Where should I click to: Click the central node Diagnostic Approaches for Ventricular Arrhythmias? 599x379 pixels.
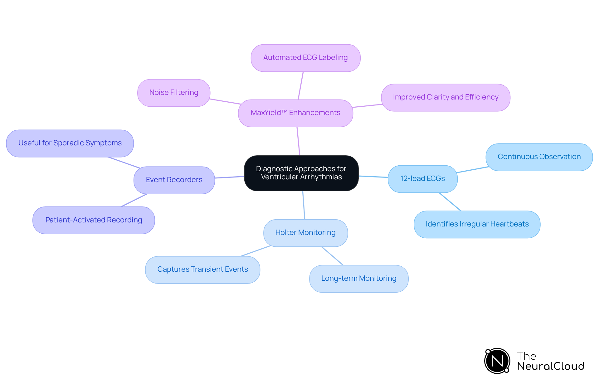(301, 173)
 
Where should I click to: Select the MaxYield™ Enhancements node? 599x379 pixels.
(295, 113)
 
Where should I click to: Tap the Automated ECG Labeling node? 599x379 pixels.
(305, 58)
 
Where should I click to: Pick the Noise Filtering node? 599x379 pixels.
(174, 93)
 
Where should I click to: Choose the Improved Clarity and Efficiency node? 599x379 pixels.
(446, 97)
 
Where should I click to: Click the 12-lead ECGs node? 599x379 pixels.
(422, 179)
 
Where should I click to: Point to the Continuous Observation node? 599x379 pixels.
(539, 157)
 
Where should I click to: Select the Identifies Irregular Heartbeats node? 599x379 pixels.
(477, 224)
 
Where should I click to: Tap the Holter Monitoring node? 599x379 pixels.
(305, 233)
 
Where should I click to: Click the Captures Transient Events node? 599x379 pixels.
(202, 270)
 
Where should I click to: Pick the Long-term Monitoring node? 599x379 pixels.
(359, 279)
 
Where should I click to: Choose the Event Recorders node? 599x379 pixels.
(174, 180)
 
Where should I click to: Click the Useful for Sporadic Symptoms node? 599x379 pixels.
(70, 143)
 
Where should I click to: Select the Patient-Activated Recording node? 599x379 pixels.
(94, 220)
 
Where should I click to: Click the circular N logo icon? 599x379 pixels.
(497, 361)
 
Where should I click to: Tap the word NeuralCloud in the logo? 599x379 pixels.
(551, 366)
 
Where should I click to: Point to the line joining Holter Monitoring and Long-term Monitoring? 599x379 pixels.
(333, 256)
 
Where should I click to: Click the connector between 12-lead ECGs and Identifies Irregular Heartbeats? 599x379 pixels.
(450, 202)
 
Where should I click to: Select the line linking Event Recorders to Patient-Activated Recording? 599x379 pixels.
(134, 200)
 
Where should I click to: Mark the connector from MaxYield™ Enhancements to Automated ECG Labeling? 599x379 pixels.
(301, 86)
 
